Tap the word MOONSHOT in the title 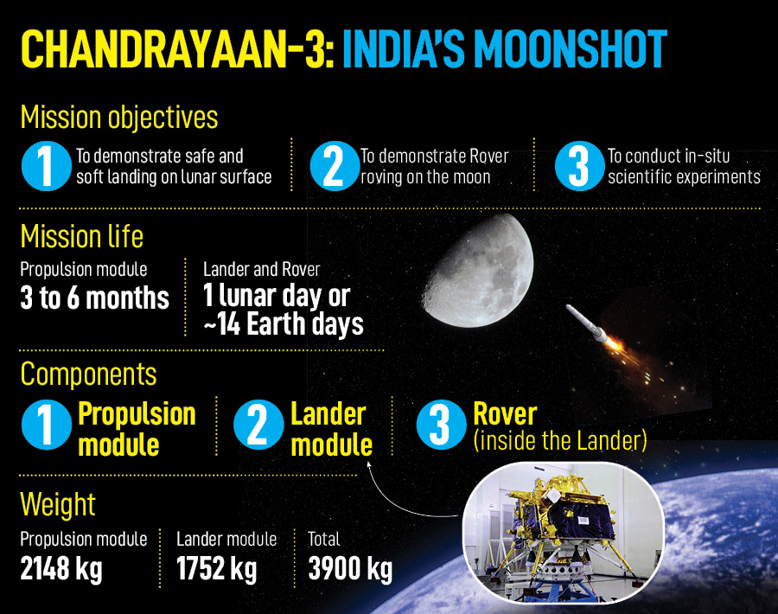click(571, 48)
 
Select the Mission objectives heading click(119, 117)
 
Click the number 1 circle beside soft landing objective click(47, 166)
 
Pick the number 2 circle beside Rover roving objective click(335, 166)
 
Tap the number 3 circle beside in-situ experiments click(579, 166)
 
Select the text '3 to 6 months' click(95, 297)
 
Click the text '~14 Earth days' click(284, 324)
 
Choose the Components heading click(88, 374)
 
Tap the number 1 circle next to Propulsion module click(47, 425)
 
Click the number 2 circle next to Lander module click(258, 425)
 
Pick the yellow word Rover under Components click(505, 413)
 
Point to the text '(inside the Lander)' click(560, 440)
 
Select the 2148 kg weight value click(61, 568)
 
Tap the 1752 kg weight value click(217, 568)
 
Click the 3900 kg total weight click(350, 568)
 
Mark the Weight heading click(58, 504)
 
